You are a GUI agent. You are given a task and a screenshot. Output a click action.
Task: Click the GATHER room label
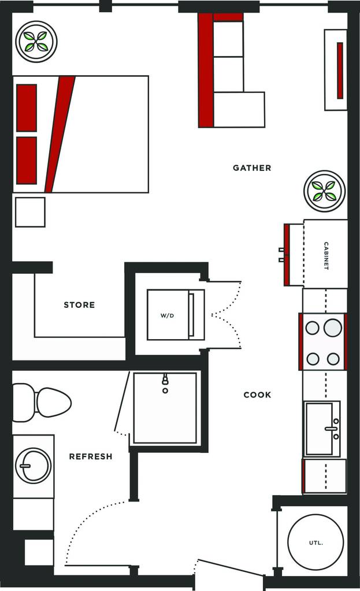[252, 168]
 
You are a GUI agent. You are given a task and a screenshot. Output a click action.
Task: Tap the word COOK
[257, 395]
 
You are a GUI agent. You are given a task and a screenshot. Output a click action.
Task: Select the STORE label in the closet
[79, 304]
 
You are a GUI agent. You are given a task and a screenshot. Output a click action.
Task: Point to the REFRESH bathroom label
[91, 456]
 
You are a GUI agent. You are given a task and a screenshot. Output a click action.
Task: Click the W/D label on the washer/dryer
[168, 315]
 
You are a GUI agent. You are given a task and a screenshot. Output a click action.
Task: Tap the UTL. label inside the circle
[316, 542]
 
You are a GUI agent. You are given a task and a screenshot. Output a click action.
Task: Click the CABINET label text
[326, 256]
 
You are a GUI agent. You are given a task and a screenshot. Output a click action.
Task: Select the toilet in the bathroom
[42, 403]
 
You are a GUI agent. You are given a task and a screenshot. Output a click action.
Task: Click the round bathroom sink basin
[33, 465]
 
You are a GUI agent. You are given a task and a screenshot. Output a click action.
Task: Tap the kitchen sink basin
[319, 429]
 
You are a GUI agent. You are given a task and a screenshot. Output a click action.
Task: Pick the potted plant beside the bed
[36, 42]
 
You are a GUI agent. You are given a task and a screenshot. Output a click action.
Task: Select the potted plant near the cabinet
[324, 191]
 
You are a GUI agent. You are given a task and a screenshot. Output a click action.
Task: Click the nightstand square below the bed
[30, 212]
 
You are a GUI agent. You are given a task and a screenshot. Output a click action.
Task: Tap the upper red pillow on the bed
[27, 108]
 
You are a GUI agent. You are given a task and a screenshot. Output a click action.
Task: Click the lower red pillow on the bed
[27, 160]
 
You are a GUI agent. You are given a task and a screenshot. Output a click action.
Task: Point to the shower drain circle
[165, 391]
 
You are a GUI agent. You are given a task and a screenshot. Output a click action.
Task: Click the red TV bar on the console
[340, 70]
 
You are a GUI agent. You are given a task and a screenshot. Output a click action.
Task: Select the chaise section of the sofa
[239, 109]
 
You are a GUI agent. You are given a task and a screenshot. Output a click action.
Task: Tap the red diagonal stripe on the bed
[60, 134]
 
